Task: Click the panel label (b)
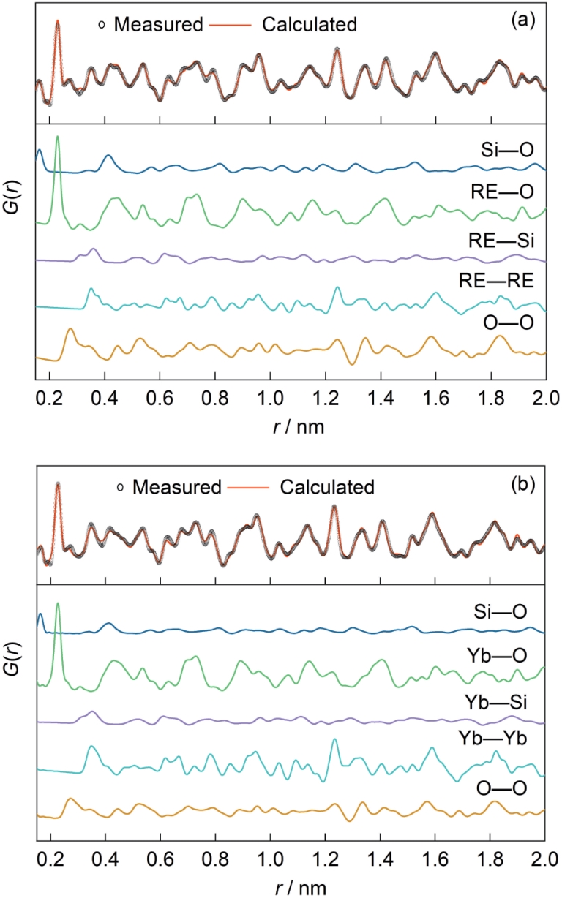click(x=524, y=483)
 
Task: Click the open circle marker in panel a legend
click(x=102, y=25)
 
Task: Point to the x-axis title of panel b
click(x=291, y=886)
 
